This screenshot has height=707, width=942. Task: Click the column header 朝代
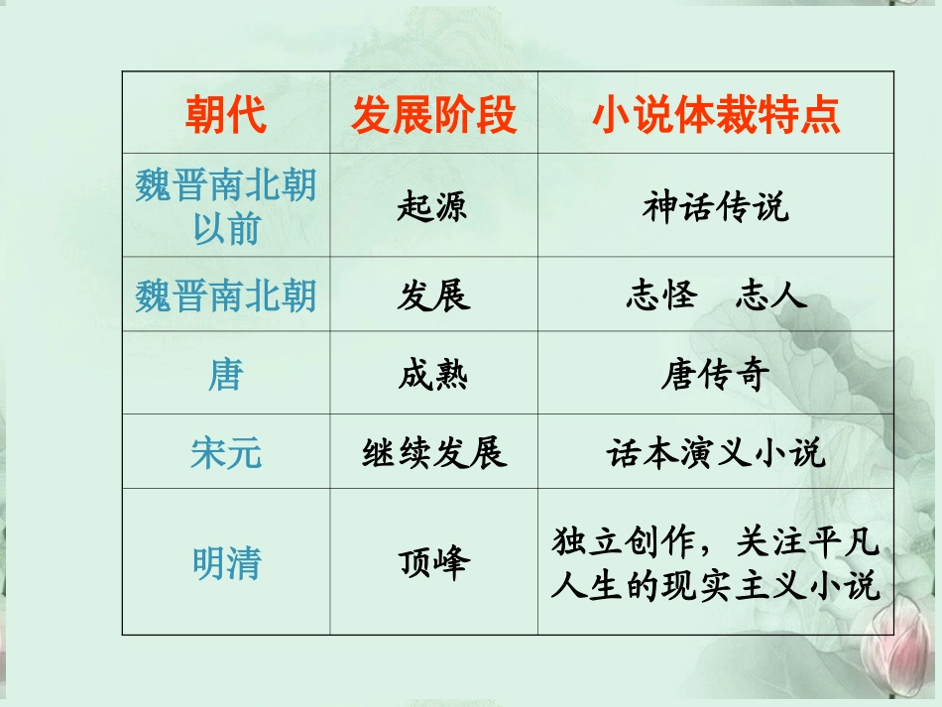click(x=226, y=115)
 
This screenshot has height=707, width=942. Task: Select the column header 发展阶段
click(x=434, y=115)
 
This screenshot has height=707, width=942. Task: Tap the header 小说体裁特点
click(x=716, y=115)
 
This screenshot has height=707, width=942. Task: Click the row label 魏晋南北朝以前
click(x=226, y=206)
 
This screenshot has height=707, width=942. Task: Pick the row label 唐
click(x=226, y=375)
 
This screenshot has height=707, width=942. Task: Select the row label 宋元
click(x=226, y=453)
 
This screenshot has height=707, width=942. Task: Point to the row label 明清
click(x=226, y=563)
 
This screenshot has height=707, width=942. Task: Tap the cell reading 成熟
click(x=433, y=376)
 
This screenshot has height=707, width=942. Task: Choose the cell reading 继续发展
click(x=434, y=453)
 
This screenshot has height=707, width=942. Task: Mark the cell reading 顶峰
click(x=434, y=563)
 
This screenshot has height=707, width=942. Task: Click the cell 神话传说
click(x=716, y=207)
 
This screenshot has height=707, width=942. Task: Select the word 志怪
click(x=660, y=295)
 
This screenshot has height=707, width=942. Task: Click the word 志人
click(x=770, y=295)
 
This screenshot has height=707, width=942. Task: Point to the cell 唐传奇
click(x=716, y=376)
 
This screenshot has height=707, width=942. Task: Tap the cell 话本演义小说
click(x=716, y=453)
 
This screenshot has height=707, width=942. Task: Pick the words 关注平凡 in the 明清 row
click(x=808, y=542)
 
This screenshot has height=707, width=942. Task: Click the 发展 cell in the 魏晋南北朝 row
click(x=433, y=295)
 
